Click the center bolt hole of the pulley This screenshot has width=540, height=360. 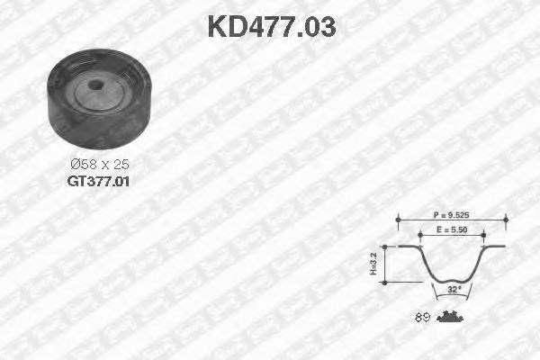click(96, 87)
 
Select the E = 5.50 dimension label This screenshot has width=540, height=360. click(453, 231)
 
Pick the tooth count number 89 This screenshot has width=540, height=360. click(421, 316)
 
